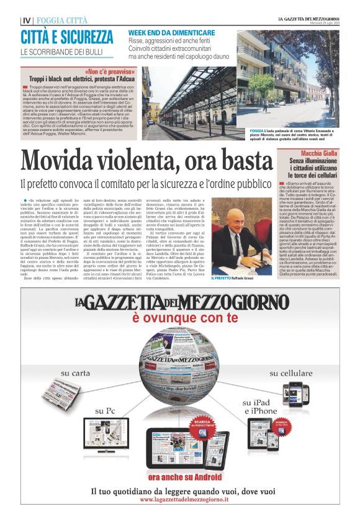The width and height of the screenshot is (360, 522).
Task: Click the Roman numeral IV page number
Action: pyautogui.click(x=25, y=20)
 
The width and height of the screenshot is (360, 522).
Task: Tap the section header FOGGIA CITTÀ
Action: pyautogui.click(x=62, y=20)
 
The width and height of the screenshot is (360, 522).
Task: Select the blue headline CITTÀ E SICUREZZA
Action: pyautogui.click(x=67, y=35)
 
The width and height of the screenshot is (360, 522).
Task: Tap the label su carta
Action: pyautogui.click(x=74, y=373)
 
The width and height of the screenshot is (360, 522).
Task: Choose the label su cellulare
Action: pyautogui.click(x=292, y=373)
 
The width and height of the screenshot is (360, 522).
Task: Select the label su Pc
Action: pyautogui.click(x=105, y=411)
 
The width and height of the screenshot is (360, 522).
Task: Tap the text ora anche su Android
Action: pyautogui.click(x=180, y=476)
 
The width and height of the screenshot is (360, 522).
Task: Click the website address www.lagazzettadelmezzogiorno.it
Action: pyautogui.click(x=180, y=500)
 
